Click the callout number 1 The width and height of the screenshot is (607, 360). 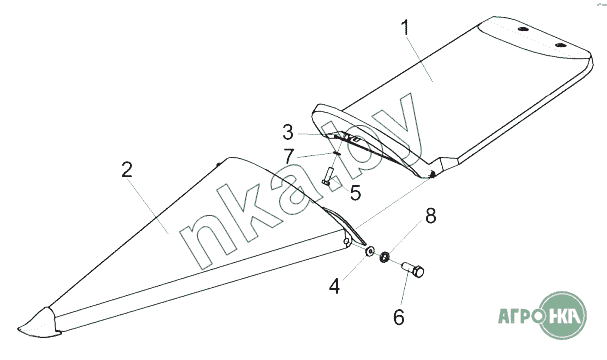[405, 27]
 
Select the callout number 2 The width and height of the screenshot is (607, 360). [127, 170]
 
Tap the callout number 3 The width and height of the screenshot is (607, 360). [288, 132]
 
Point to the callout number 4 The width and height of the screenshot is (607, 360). [335, 287]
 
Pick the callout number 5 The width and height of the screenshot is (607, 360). [355, 192]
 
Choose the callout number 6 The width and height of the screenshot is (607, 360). [399, 317]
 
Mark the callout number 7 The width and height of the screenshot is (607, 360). [288, 157]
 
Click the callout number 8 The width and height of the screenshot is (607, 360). [431, 216]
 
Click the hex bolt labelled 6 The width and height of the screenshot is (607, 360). [413, 269]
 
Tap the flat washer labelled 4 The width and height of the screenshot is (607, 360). [370, 250]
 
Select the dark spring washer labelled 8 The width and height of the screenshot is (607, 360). [384, 257]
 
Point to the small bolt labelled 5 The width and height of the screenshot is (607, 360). [327, 176]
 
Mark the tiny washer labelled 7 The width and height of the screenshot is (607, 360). [336, 153]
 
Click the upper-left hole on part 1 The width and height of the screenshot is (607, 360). [523, 30]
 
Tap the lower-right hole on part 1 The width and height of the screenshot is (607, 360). [560, 45]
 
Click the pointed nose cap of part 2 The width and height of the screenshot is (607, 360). [39, 323]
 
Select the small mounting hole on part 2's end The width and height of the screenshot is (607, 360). [346, 242]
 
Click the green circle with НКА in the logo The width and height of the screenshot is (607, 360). [563, 315]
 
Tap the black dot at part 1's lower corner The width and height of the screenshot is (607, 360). [432, 175]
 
